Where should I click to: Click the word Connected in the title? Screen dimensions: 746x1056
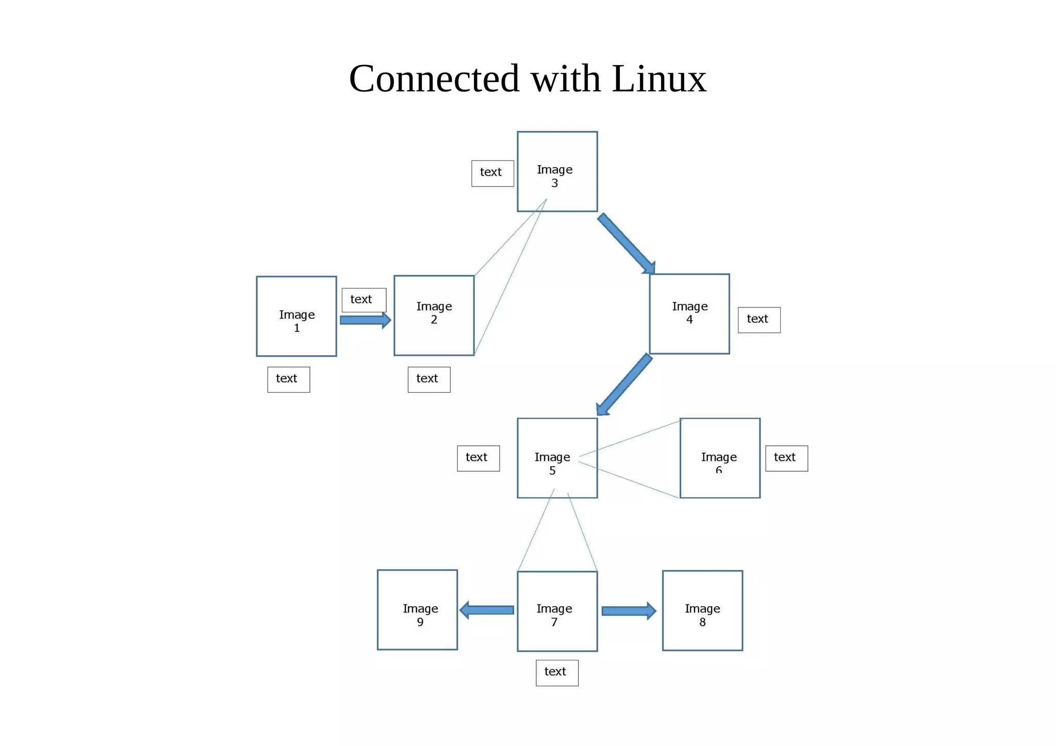tap(434, 79)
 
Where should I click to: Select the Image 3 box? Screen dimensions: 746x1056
tap(557, 171)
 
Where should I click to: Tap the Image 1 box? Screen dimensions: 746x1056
tap(296, 316)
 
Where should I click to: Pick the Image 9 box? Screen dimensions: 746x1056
tap(417, 609)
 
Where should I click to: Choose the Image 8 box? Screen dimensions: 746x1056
tap(702, 610)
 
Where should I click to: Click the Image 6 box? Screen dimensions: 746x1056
tap(720, 458)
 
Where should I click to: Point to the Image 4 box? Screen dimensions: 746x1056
tap(689, 313)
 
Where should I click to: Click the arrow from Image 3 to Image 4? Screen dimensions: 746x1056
tap(626, 243)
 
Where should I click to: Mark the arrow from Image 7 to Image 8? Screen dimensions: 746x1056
tap(629, 611)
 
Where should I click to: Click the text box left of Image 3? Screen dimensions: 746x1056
tap(492, 173)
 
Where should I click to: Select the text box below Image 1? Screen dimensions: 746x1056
tap(288, 379)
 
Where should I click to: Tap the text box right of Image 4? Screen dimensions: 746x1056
tap(758, 320)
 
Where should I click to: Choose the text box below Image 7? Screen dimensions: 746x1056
tap(556, 672)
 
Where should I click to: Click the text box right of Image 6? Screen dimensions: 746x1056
tap(786, 458)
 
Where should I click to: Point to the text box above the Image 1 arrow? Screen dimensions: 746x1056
tap(364, 300)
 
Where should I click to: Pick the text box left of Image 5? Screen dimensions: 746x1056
tap(478, 458)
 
